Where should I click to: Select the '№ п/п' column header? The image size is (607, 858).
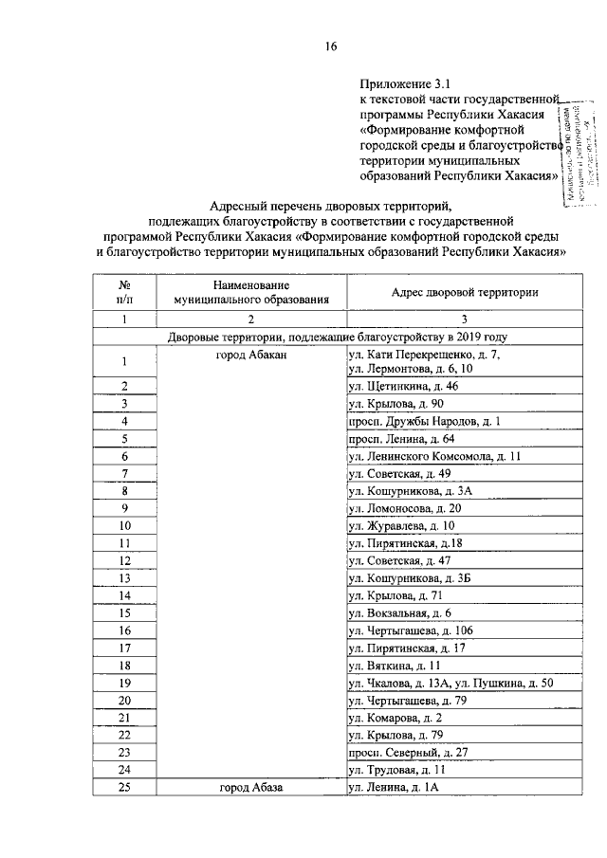[x=124, y=292]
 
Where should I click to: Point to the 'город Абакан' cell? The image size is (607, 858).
[x=250, y=355]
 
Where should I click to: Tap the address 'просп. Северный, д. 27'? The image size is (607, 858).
[x=408, y=754]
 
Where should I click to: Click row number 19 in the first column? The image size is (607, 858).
[x=124, y=684]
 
